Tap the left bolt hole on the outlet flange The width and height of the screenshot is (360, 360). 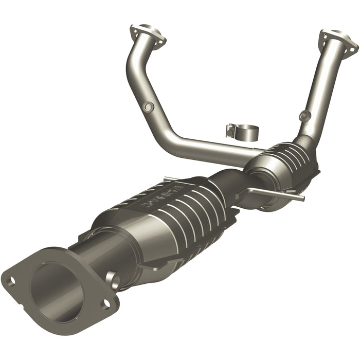tap(10, 280)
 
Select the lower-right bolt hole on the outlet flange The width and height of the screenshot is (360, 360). tap(105, 304)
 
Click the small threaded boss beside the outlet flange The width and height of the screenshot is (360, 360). tap(112, 280)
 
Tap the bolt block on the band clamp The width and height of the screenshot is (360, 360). tap(229, 132)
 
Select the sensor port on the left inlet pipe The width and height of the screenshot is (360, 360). tap(149, 107)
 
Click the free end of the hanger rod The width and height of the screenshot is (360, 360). tap(301, 197)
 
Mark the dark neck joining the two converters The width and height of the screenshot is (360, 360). tap(231, 180)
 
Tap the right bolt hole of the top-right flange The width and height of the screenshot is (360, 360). tap(354, 48)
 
